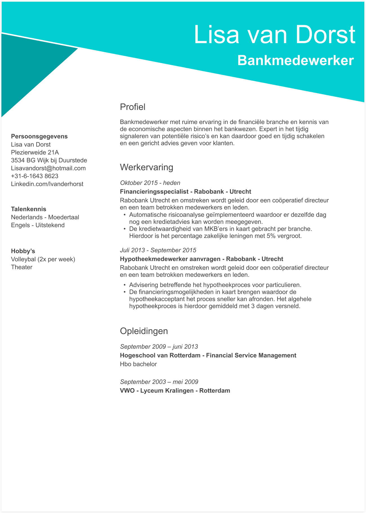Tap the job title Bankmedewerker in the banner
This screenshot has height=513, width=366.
[x=295, y=61]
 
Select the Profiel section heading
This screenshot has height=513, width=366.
[x=133, y=107]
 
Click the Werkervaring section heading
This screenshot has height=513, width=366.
[x=146, y=167]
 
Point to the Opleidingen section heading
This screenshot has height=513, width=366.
[x=144, y=331]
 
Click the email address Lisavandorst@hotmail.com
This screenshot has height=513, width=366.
[x=48, y=168]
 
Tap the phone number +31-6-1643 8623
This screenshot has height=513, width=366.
[x=35, y=176]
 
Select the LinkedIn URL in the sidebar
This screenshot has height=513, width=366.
[x=47, y=184]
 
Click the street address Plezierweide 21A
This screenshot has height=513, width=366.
[x=35, y=152]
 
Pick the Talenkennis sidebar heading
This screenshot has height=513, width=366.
[x=28, y=209]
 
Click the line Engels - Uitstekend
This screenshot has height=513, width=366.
[x=38, y=225]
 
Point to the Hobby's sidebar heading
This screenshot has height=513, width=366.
[x=23, y=251]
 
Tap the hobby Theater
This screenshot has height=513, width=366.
[x=22, y=267]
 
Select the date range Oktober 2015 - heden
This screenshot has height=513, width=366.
[x=150, y=183]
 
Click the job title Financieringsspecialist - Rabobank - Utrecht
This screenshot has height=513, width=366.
[x=186, y=192]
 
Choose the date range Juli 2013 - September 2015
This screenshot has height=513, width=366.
[x=158, y=250]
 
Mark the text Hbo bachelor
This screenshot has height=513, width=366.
[x=138, y=364]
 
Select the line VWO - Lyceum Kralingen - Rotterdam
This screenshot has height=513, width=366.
[x=175, y=391]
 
